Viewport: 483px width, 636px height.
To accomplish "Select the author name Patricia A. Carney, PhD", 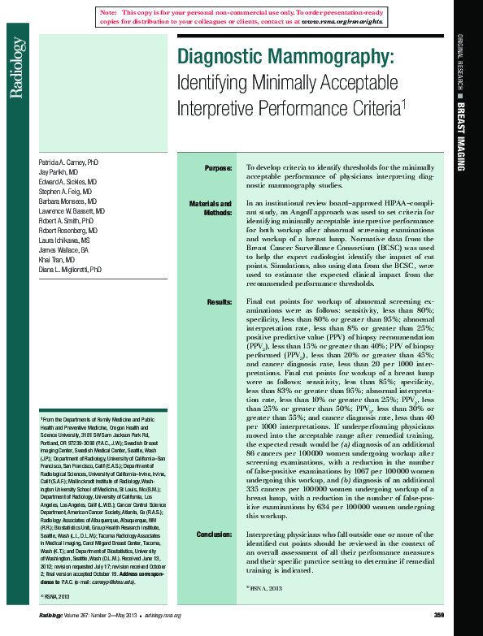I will [68, 162].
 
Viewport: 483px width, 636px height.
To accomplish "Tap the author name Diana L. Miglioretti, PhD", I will [70, 269].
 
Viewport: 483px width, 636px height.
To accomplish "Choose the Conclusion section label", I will [214, 534].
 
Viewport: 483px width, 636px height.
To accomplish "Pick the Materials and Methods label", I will [211, 207].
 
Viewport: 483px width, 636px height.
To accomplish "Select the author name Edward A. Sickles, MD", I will [67, 182].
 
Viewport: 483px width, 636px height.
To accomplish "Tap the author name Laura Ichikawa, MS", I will [65, 240].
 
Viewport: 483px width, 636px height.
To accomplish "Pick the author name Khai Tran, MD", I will [57, 259].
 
